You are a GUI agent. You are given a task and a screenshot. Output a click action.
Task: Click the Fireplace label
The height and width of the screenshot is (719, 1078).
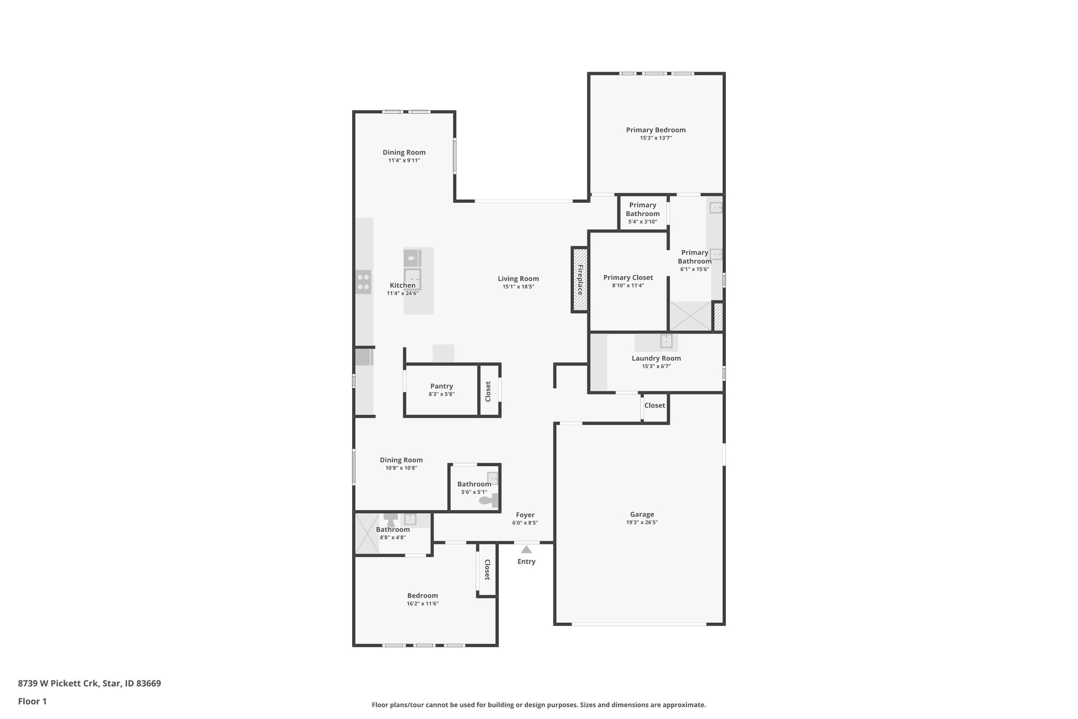(580, 280)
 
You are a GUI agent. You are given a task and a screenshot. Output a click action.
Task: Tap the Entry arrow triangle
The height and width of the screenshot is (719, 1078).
(526, 549)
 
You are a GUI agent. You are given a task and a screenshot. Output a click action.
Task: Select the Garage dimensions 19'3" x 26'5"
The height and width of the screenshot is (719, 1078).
(642, 523)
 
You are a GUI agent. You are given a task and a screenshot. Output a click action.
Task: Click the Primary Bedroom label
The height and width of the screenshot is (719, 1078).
(655, 130)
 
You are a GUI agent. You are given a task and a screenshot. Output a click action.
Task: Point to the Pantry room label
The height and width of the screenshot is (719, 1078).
(442, 386)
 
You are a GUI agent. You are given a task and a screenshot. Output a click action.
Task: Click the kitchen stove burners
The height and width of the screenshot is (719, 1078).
(363, 282)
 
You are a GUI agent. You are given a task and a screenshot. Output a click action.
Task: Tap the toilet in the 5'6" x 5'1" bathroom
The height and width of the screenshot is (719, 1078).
(490, 501)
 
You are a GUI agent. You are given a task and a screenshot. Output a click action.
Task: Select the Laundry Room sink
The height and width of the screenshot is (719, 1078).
(666, 341)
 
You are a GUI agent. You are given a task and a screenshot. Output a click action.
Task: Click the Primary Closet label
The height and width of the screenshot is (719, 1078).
(628, 278)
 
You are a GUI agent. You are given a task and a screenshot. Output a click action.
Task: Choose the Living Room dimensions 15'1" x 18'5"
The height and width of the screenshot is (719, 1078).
(518, 287)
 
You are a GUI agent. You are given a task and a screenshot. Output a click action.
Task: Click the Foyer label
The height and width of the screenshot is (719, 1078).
(525, 515)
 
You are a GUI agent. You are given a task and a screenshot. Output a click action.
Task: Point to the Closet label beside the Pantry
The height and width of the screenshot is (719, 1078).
(488, 391)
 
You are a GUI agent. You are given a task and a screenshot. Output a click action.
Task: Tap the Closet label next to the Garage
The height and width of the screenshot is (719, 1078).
(654, 405)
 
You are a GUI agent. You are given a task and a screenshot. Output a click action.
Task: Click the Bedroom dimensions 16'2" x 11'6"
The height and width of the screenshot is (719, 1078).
(422, 604)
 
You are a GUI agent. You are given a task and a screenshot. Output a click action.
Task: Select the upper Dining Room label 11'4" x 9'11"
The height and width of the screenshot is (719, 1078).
(404, 152)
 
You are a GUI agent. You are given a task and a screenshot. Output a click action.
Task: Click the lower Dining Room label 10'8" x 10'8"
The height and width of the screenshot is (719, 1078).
(401, 460)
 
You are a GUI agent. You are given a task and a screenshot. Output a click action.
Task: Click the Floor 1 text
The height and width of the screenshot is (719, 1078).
(32, 701)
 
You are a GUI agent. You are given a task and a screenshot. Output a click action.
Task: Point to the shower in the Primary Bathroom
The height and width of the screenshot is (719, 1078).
(690, 316)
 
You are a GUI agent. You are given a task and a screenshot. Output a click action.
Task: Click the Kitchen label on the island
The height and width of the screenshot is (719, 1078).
(402, 285)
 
